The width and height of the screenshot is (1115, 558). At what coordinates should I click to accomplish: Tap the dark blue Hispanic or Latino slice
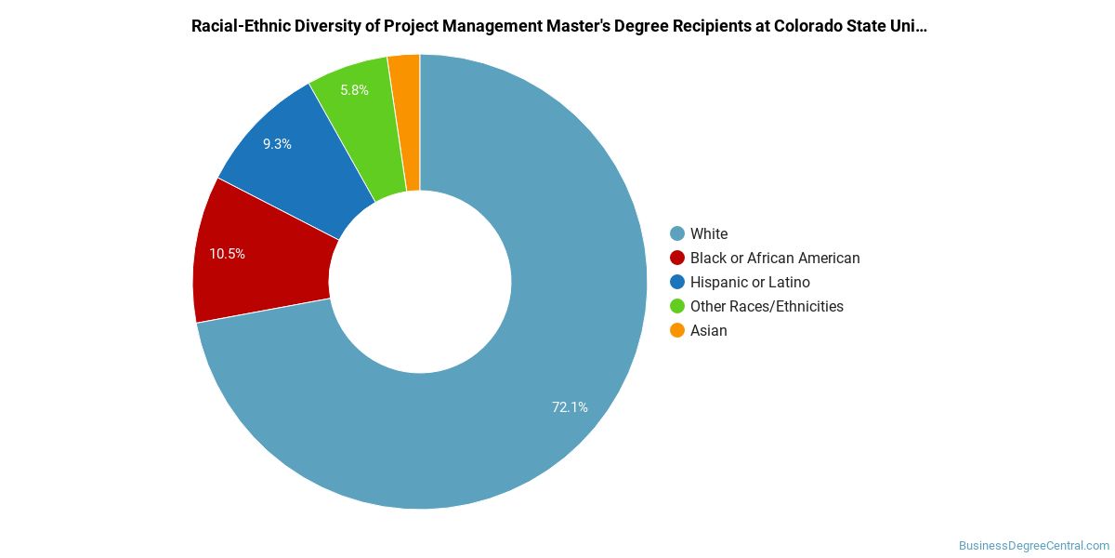point(298,165)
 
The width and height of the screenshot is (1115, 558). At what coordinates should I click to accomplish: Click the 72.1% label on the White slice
point(570,407)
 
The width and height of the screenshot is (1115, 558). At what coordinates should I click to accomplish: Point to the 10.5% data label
point(227,254)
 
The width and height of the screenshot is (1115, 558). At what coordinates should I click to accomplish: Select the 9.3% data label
point(277,144)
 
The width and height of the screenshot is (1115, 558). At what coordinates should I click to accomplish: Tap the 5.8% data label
point(354,90)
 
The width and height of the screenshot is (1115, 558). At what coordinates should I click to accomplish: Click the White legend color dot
point(677,233)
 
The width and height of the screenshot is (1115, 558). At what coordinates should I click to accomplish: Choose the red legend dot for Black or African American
point(677,259)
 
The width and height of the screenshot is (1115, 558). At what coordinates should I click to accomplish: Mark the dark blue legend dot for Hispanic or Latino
point(677,282)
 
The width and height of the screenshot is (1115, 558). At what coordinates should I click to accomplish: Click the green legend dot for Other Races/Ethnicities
point(677,306)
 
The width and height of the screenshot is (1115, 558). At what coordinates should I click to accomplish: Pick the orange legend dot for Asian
point(677,330)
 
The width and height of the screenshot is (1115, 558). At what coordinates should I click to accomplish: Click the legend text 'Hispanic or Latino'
point(750,283)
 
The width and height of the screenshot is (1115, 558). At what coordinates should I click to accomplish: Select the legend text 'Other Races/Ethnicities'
point(767,306)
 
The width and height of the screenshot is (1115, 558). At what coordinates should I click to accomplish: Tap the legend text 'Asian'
point(709,330)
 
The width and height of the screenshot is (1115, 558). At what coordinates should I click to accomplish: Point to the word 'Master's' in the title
point(578,26)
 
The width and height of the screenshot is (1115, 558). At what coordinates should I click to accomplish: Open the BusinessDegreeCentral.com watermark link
point(1034,546)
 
